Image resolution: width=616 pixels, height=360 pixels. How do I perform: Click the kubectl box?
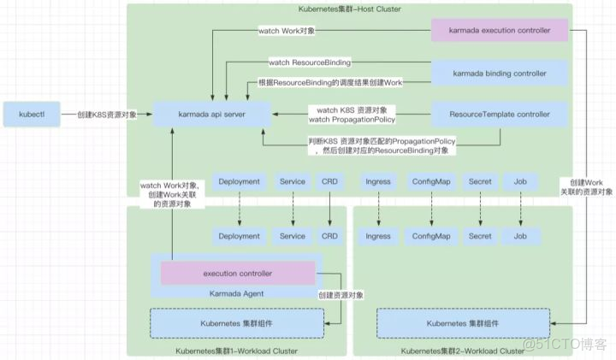click(x=29, y=114)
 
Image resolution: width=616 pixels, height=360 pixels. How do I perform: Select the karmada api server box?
click(x=212, y=114)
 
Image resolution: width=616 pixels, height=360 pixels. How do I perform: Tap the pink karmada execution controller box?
click(x=499, y=31)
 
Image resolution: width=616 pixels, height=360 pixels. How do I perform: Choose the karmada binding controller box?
click(x=499, y=73)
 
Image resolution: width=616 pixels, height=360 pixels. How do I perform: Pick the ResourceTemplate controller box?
click(x=499, y=114)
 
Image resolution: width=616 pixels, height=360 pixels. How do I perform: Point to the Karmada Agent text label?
click(x=237, y=293)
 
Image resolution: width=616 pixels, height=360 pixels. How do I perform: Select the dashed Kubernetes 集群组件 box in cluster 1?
click(x=237, y=323)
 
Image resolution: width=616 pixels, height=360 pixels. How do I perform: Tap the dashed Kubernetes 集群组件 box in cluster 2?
click(x=464, y=323)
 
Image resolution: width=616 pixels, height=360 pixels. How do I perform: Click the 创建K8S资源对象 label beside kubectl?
click(x=107, y=114)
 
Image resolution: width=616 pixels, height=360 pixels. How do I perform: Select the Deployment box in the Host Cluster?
click(x=239, y=181)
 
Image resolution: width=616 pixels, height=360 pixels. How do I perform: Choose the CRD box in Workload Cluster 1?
click(x=329, y=236)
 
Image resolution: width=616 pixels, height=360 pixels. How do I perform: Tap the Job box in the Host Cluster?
click(x=519, y=181)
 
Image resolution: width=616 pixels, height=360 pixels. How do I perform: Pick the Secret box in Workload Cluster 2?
click(x=479, y=236)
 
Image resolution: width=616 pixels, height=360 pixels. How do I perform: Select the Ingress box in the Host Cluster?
click(x=377, y=181)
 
